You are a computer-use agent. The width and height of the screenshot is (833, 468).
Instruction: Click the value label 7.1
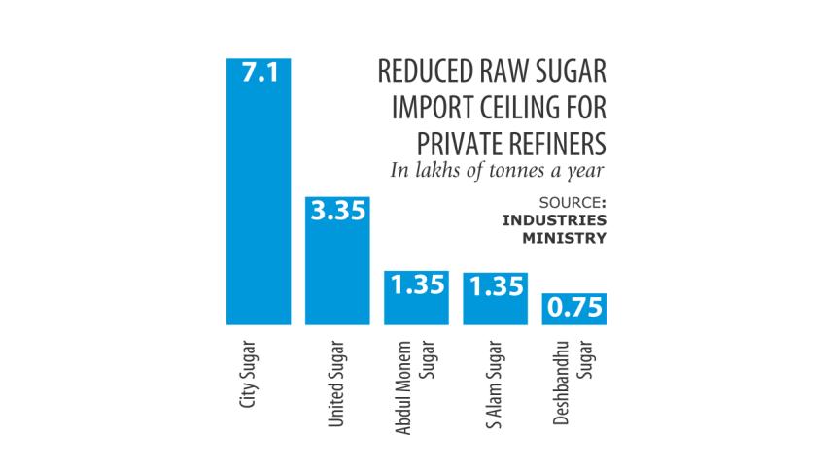tap(259, 72)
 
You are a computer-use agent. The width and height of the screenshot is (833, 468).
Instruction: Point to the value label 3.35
tap(336, 211)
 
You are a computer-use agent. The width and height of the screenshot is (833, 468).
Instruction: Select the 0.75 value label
tap(573, 311)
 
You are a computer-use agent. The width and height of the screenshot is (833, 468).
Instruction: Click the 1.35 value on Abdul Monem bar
tap(416, 285)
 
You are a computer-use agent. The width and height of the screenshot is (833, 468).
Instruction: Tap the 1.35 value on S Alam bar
tap(495, 285)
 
